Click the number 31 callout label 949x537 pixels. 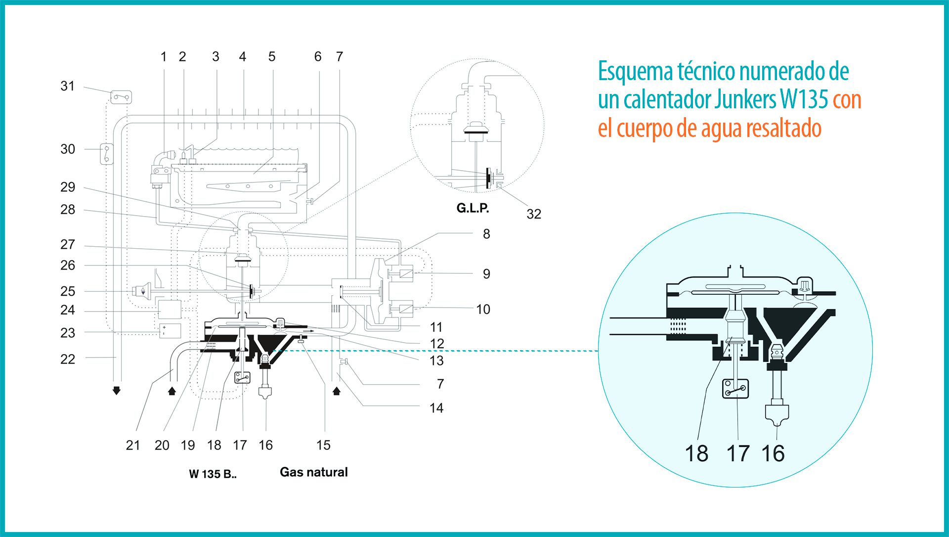point(67,86)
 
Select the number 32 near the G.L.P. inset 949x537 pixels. point(534,214)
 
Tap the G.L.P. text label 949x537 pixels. point(473,208)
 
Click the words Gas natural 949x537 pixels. point(314,472)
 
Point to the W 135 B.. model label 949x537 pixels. point(213,474)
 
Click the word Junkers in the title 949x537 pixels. point(745,99)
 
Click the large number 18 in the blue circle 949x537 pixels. point(696,453)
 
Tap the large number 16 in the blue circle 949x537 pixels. point(773,453)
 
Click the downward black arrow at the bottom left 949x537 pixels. point(117,391)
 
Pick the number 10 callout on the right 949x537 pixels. point(483,310)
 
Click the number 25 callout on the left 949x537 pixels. point(68,291)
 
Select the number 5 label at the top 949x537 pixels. point(272,57)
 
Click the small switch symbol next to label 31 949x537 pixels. point(121,97)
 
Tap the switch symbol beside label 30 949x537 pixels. point(107,154)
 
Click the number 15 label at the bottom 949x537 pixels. point(323,445)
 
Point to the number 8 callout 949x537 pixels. point(486,234)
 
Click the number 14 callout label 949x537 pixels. point(436,408)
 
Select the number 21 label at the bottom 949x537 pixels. point(132,445)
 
